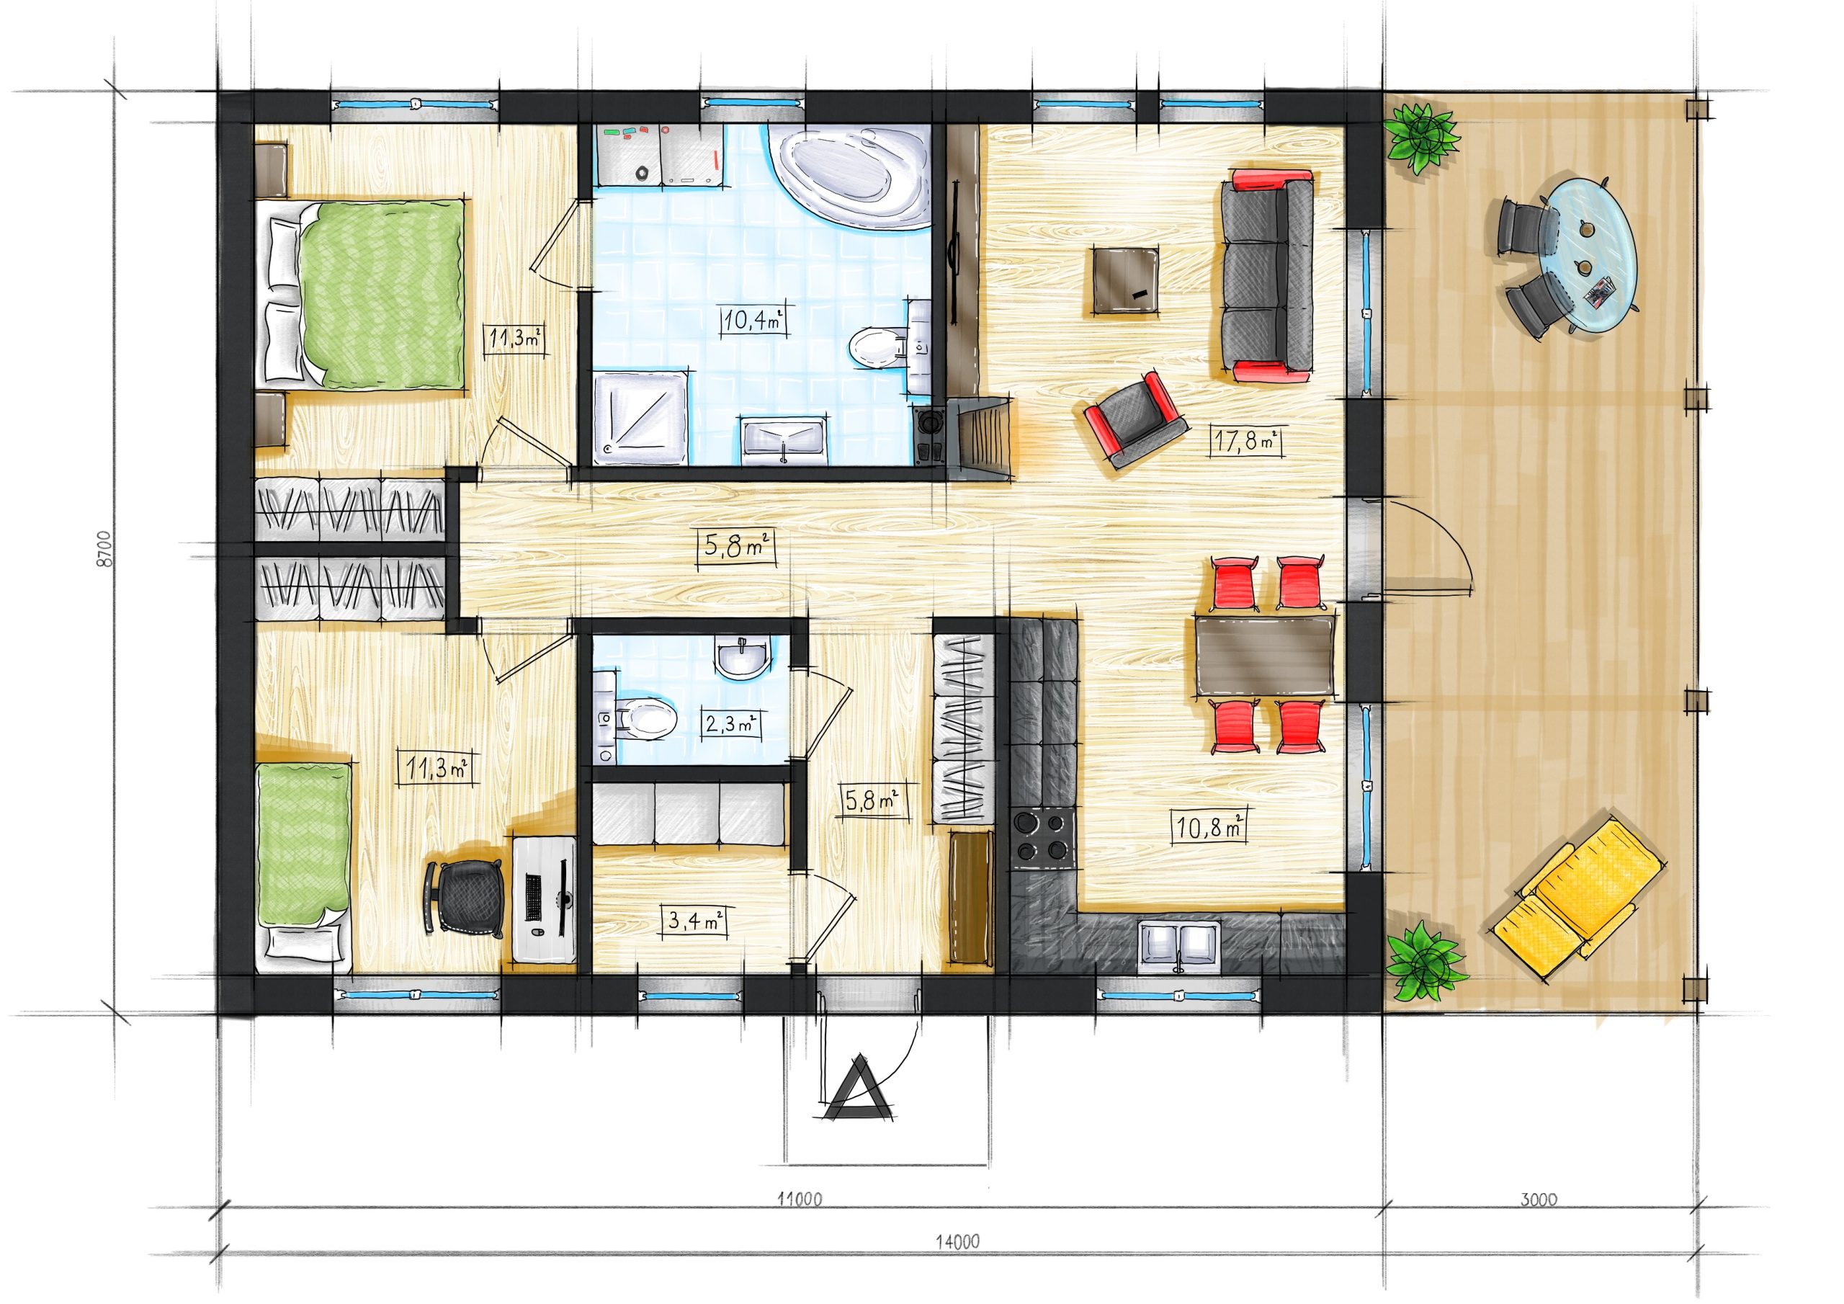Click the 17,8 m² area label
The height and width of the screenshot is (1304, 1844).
pos(1245,441)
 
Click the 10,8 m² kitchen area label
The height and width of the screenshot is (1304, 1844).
pos(1210,825)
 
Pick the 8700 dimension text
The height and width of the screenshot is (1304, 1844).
pos(104,549)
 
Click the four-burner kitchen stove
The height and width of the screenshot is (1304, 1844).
pos(1042,838)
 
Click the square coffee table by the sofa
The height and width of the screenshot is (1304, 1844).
pos(1124,279)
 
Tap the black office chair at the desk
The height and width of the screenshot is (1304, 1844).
pos(467,898)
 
